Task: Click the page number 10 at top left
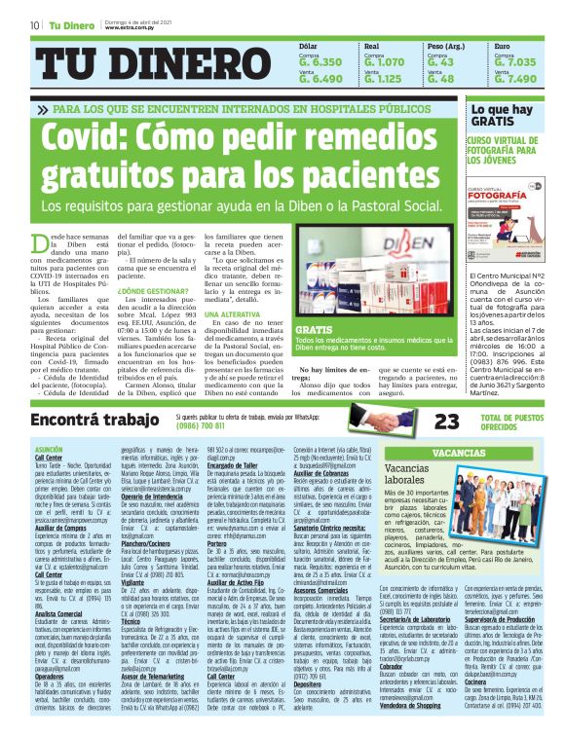click(34, 24)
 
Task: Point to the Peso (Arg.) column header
click(448, 46)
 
